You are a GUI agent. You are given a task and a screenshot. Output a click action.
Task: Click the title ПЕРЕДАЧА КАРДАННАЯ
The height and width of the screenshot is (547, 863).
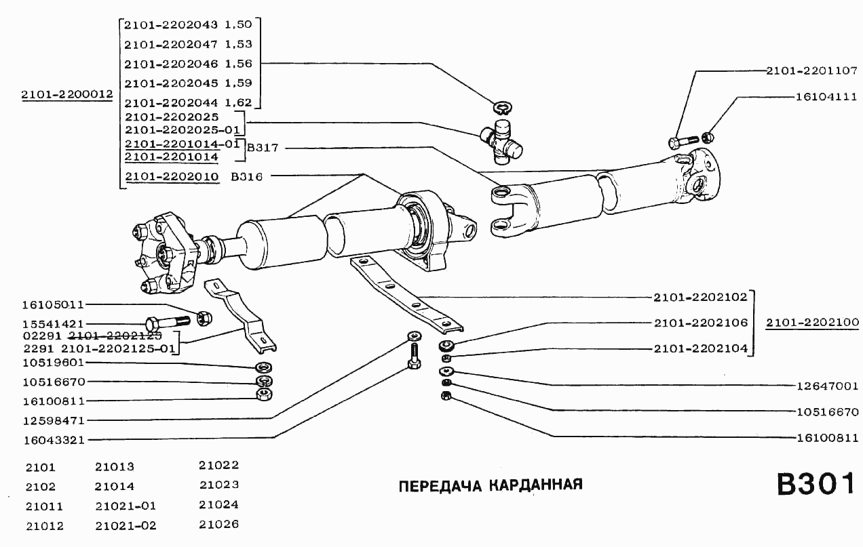click(x=491, y=485)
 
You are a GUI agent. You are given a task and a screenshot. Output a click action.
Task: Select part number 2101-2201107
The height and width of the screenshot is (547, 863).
click(x=813, y=70)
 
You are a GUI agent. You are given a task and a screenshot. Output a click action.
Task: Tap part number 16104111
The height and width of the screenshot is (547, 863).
click(x=826, y=97)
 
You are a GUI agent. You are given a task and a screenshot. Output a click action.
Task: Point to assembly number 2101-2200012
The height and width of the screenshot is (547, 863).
click(x=66, y=96)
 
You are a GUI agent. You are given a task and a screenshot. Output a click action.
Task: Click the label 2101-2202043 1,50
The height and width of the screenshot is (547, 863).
click(x=188, y=24)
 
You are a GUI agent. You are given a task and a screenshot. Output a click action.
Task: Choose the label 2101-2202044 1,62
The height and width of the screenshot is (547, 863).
click(x=188, y=103)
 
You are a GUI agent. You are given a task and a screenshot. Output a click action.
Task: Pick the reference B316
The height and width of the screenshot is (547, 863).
click(x=246, y=177)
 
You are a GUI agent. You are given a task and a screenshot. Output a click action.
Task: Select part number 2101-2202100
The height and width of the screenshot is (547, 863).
click(x=813, y=323)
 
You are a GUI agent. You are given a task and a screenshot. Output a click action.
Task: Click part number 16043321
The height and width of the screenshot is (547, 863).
click(x=54, y=440)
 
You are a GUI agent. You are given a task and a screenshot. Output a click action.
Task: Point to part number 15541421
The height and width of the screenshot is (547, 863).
click(x=54, y=325)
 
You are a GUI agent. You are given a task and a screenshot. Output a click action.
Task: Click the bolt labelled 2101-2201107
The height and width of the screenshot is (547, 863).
click(x=682, y=142)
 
